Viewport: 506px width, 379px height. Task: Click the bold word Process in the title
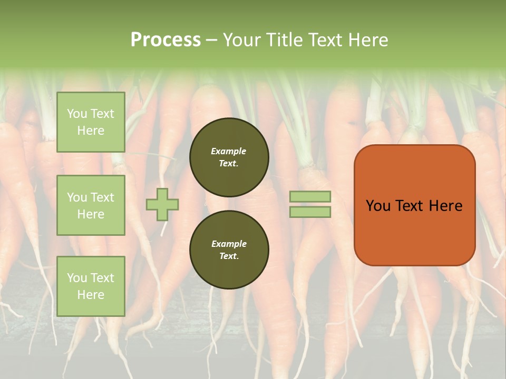[x=166, y=40]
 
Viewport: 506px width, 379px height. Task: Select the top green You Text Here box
[x=91, y=122]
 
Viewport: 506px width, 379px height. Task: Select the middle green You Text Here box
[x=91, y=205]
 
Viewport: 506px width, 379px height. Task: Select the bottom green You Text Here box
[x=91, y=286]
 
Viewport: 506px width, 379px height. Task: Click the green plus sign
[x=162, y=204]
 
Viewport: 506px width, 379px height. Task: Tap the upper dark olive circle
[x=229, y=157]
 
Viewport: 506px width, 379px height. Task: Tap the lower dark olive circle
[x=229, y=250]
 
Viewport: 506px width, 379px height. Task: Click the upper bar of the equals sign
[x=310, y=196]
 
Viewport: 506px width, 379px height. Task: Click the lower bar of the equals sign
[x=310, y=212]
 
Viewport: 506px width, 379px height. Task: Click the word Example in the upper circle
[x=229, y=152]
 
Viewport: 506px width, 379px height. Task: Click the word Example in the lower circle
[x=229, y=244]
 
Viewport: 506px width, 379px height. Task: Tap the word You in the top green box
[x=77, y=114]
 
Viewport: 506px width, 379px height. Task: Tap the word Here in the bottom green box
[x=91, y=295]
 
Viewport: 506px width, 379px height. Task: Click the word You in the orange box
[x=377, y=206]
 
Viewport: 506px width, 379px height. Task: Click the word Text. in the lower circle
[x=229, y=256]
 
